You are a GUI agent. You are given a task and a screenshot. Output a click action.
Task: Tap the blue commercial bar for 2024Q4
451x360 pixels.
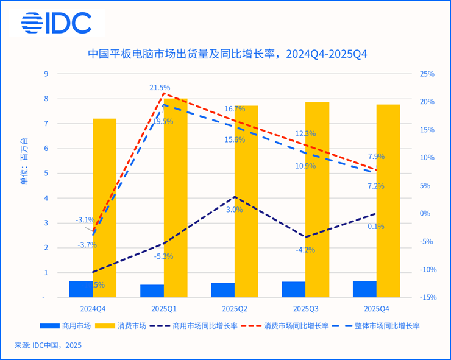pyautogui.click(x=80, y=289)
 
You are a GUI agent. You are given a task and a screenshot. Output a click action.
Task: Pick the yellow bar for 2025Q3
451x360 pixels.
pyautogui.click(x=317, y=201)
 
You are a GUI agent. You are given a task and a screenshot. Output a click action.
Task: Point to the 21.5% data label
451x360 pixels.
pyautogui.click(x=160, y=88)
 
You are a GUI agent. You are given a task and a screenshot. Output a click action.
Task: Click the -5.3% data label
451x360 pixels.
pyautogui.click(x=163, y=256)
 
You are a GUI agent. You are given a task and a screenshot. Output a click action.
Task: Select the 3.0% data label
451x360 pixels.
pyautogui.click(x=234, y=210)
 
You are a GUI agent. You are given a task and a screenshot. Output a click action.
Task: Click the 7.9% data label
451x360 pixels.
pyautogui.click(x=376, y=157)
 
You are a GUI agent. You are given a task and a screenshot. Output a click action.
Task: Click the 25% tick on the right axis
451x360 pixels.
pyautogui.click(x=427, y=74)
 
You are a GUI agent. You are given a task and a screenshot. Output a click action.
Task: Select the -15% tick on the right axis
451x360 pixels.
pyautogui.click(x=427, y=298)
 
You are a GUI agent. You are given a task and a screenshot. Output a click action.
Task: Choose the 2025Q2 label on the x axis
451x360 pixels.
pyautogui.click(x=235, y=309)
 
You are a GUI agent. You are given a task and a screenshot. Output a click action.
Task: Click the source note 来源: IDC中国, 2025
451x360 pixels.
pyautogui.click(x=48, y=345)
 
